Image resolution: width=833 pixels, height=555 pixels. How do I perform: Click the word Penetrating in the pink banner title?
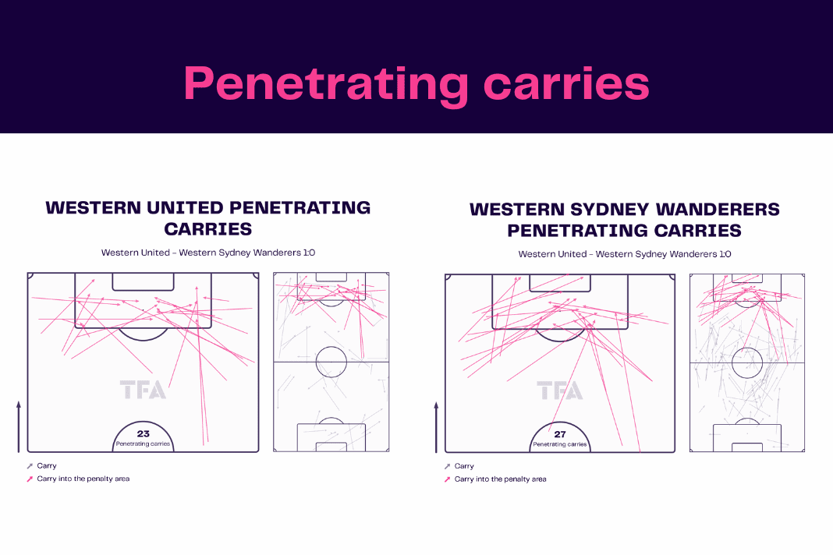click(x=326, y=85)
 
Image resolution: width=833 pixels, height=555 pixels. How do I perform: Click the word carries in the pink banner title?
click(x=566, y=84)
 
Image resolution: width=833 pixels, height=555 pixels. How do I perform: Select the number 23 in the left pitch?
click(x=144, y=433)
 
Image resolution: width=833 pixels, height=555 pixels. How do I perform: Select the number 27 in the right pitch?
click(x=560, y=434)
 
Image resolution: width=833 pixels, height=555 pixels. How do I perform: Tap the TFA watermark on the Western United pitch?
click(x=143, y=390)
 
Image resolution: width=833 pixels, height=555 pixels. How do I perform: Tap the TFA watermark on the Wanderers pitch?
click(x=560, y=391)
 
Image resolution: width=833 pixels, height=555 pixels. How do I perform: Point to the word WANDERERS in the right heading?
click(x=718, y=209)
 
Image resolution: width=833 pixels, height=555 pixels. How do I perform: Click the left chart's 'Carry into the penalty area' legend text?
click(x=83, y=479)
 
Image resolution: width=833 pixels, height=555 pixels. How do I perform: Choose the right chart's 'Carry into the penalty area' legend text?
click(x=501, y=479)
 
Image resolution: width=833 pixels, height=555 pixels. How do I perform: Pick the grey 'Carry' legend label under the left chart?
click(x=47, y=466)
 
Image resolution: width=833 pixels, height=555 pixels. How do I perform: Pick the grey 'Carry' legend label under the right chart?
click(x=464, y=466)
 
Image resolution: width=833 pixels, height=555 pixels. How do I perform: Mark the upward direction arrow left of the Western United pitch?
click(x=19, y=427)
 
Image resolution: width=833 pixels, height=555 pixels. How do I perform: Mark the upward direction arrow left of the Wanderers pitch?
click(x=436, y=427)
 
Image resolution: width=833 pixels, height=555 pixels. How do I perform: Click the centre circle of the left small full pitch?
click(x=331, y=347)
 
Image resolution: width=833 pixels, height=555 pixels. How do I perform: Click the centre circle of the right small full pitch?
click(x=747, y=348)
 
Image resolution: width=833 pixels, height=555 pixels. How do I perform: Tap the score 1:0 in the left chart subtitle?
click(x=309, y=253)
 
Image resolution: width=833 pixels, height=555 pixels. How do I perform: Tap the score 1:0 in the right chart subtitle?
click(x=725, y=254)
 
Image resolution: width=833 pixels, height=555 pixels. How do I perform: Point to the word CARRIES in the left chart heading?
click(x=208, y=229)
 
